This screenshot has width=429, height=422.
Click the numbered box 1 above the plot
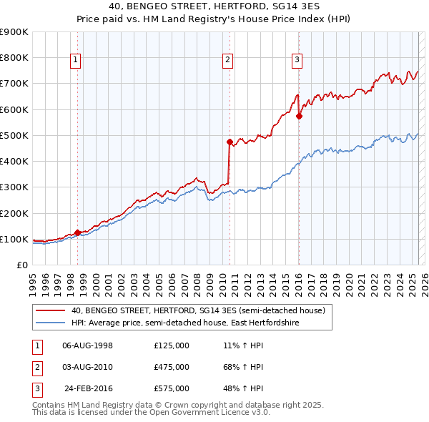point(75,61)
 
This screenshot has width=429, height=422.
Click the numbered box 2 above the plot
point(227,61)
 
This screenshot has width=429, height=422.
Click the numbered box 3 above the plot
point(296,61)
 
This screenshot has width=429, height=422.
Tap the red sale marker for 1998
point(77,232)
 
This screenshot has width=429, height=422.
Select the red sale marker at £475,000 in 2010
point(230,142)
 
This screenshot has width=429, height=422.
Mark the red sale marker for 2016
point(300,116)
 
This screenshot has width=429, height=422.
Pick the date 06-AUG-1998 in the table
point(88,345)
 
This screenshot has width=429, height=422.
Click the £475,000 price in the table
point(171,367)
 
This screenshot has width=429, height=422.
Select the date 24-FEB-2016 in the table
point(89,388)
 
